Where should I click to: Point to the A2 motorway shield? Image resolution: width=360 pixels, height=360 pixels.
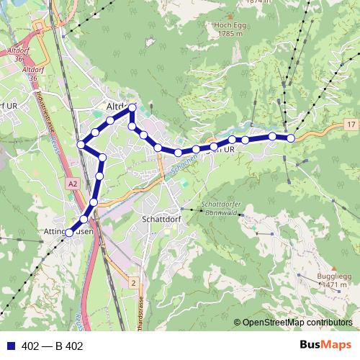point(73,184)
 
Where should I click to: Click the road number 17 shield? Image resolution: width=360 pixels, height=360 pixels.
point(351,125)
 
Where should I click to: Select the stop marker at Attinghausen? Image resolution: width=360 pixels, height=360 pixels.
point(69,233)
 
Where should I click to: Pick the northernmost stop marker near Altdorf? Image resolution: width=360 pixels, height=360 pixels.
point(132,107)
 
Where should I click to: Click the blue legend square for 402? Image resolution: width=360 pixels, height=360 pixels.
point(10,346)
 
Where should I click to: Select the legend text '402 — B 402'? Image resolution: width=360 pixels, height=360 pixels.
point(53,346)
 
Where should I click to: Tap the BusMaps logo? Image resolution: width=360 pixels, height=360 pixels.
point(325,345)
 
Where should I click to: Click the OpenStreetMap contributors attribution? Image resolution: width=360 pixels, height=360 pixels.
point(297,323)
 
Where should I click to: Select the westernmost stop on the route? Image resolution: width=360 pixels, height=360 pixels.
point(69,233)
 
